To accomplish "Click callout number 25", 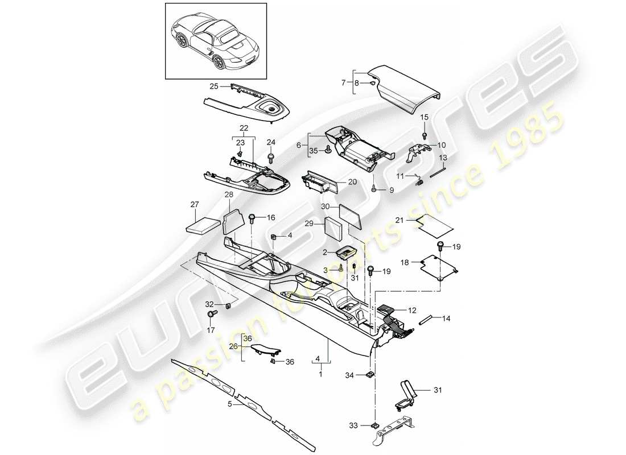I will [x=213, y=86].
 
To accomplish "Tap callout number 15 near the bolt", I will [x=424, y=118].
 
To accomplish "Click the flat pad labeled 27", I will [x=203, y=224].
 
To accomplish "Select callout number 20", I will [x=352, y=182].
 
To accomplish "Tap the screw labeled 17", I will [x=214, y=313].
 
